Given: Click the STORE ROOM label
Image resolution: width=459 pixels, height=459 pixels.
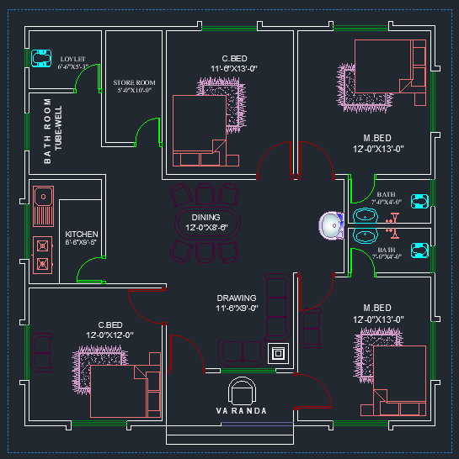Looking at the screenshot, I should coord(135,82).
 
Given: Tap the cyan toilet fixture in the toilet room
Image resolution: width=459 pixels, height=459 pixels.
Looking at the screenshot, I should coord(39,57).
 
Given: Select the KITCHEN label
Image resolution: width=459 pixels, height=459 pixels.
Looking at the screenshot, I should coord(82,235).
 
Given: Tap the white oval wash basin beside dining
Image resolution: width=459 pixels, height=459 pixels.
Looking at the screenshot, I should coord(330,225).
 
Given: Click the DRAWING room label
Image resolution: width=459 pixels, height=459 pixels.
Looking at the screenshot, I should coord(236,298).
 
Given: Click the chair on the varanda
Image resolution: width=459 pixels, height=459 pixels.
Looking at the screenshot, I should coord(243,390).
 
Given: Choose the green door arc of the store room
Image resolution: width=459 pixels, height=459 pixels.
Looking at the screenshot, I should coord(148,131).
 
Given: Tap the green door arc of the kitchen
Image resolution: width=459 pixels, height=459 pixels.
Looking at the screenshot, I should coord(88,270).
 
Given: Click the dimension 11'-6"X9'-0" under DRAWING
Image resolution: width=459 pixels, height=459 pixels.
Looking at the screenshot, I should coord(236,309).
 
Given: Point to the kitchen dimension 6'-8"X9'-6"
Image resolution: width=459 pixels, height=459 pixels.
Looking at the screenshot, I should coord(82,242).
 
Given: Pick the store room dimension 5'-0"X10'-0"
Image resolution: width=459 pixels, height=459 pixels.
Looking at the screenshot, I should coord(135,90).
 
